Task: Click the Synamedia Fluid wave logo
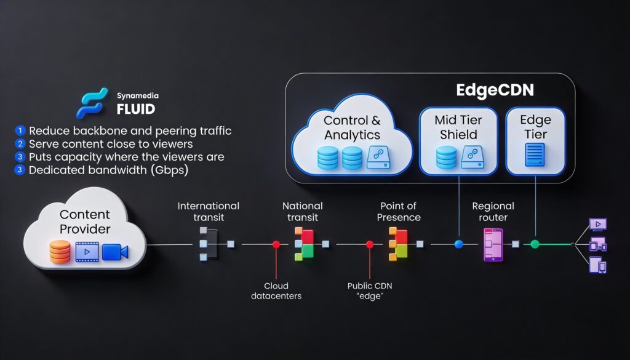click(x=92, y=103)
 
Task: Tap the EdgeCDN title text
click(x=495, y=90)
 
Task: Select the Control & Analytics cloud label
click(x=352, y=127)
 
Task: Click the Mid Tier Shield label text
click(x=458, y=127)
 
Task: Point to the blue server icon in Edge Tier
click(x=535, y=154)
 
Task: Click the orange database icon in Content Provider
click(x=60, y=252)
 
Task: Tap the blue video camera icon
click(x=115, y=252)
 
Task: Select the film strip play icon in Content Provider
click(x=87, y=252)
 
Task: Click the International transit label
click(x=208, y=212)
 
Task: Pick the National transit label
click(x=303, y=212)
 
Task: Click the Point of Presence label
click(x=399, y=212)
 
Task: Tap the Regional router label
click(x=493, y=212)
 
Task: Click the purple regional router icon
click(x=493, y=245)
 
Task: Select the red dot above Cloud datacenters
click(x=276, y=244)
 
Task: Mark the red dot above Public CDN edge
click(x=370, y=244)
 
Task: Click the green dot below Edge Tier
click(x=535, y=244)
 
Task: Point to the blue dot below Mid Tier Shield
click(x=458, y=244)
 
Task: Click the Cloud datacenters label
click(x=276, y=291)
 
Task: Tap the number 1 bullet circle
click(x=20, y=130)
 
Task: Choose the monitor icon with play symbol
click(x=598, y=224)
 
